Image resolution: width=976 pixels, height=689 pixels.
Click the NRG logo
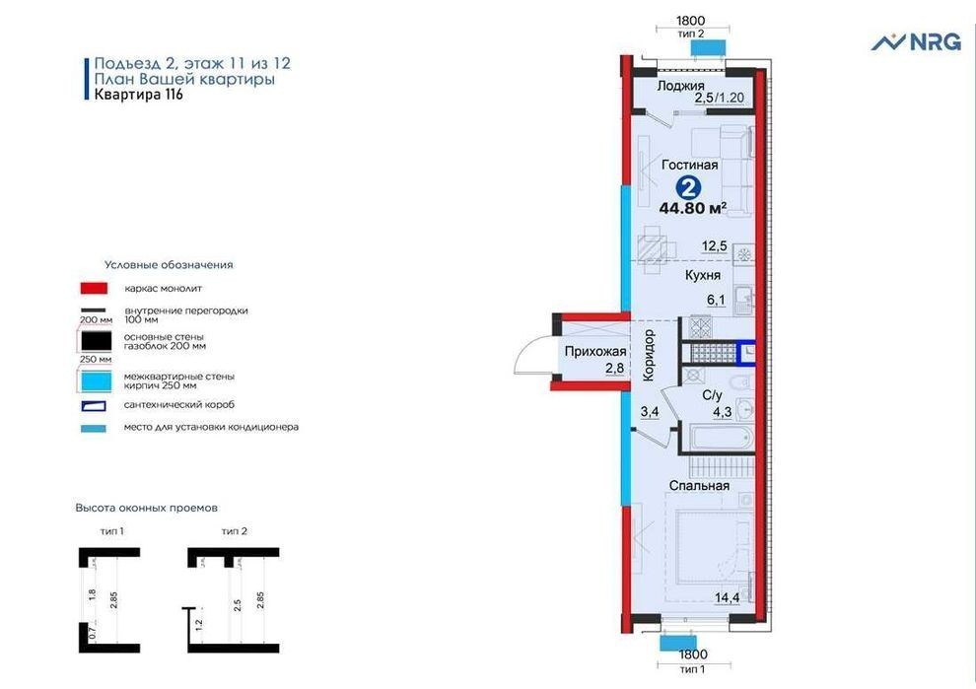(916, 41)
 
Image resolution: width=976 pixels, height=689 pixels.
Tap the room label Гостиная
(690, 165)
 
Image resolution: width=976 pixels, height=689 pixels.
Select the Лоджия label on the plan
(680, 86)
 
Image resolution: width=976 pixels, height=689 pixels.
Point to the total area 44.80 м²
(693, 208)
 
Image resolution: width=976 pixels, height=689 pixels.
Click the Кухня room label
(703, 275)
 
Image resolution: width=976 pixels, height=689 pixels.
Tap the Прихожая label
(595, 351)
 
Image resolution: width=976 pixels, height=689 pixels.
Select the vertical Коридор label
(649, 355)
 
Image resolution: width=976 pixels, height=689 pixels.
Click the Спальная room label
(699, 486)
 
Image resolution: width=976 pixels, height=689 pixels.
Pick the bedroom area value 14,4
(727, 597)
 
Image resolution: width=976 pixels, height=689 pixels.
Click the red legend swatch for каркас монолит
(94, 288)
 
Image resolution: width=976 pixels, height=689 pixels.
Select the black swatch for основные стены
(96, 341)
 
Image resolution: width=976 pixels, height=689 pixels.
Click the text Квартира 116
(138, 95)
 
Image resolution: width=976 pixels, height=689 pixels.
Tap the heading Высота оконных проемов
(146, 508)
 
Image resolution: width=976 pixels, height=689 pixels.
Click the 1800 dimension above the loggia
(691, 21)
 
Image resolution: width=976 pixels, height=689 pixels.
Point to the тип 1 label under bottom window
(693, 669)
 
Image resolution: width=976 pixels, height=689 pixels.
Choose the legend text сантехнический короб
(179, 405)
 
